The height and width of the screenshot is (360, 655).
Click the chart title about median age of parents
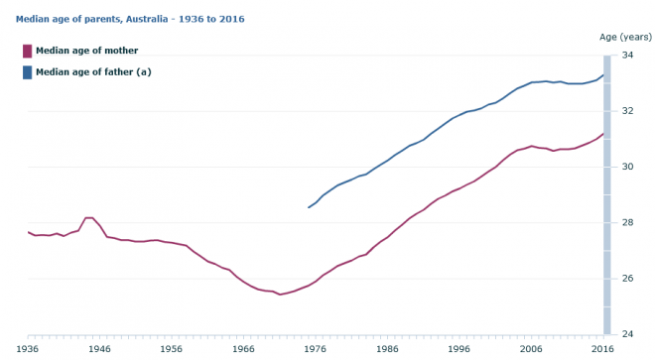point(131,19)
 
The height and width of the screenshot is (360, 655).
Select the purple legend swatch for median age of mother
point(27,51)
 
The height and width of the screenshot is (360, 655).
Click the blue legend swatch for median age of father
point(27,71)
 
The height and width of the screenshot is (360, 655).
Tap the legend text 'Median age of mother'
point(86,51)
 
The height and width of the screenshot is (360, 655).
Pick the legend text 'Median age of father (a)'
point(93,71)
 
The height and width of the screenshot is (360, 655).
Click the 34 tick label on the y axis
point(627,56)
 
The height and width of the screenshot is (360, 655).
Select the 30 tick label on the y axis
point(627,167)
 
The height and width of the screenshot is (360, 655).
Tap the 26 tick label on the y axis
point(627,278)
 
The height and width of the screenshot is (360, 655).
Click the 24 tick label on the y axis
point(627,333)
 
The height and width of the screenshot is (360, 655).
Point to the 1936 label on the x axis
point(28,349)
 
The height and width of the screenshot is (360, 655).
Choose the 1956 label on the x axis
point(172,349)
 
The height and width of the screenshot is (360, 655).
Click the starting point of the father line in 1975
point(309,207)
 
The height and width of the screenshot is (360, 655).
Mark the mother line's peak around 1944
point(89,217)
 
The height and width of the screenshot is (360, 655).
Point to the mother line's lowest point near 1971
point(280,295)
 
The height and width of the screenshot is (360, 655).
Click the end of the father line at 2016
point(603,74)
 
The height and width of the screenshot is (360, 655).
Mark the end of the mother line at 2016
point(603,133)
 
